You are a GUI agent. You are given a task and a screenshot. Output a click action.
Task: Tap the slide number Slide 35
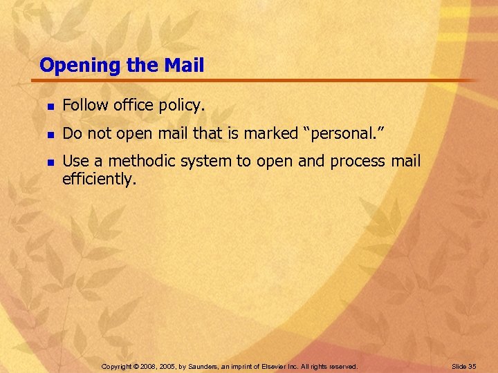click(463, 366)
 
